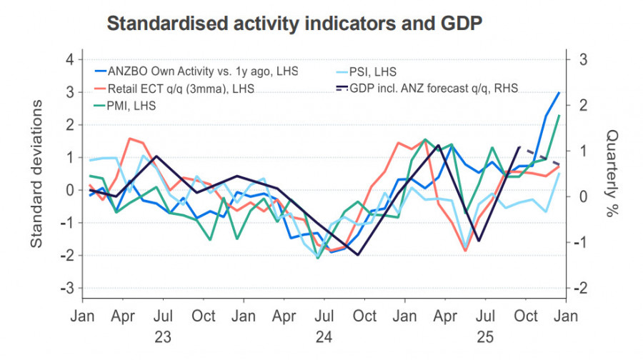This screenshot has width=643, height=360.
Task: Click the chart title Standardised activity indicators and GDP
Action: [294, 23]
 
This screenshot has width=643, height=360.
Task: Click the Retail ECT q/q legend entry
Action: [181, 89]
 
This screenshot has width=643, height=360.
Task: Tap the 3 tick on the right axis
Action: [583, 59]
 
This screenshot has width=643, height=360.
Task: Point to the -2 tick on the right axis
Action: [582, 288]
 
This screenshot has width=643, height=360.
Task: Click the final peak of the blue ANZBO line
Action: [559, 92]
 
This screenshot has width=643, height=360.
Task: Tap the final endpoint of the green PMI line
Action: [559, 115]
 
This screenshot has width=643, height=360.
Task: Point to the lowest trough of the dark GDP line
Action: [357, 255]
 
